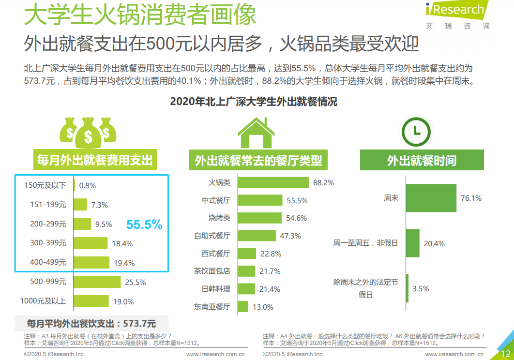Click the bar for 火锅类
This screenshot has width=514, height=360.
tap(273, 182)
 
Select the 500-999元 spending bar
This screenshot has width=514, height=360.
tap(97, 282)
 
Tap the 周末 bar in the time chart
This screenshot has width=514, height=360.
tap(431, 198)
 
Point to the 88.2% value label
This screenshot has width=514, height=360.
tap(323, 183)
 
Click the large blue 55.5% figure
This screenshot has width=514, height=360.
tap(144, 225)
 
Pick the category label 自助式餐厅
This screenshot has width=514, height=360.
tap(212, 236)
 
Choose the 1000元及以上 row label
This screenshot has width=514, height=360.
tap(43, 301)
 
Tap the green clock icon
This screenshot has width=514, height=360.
tap(417, 131)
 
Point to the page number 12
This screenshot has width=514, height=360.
tap(506, 354)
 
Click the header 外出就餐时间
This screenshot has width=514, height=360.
tap(422, 161)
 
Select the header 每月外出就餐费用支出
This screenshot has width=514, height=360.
tap(95, 159)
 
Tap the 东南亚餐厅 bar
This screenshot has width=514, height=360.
tap(243, 307)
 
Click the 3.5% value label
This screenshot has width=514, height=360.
tap(421, 289)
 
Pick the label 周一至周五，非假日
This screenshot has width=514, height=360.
tap(365, 243)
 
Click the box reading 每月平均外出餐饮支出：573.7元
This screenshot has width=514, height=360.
tap(91, 323)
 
